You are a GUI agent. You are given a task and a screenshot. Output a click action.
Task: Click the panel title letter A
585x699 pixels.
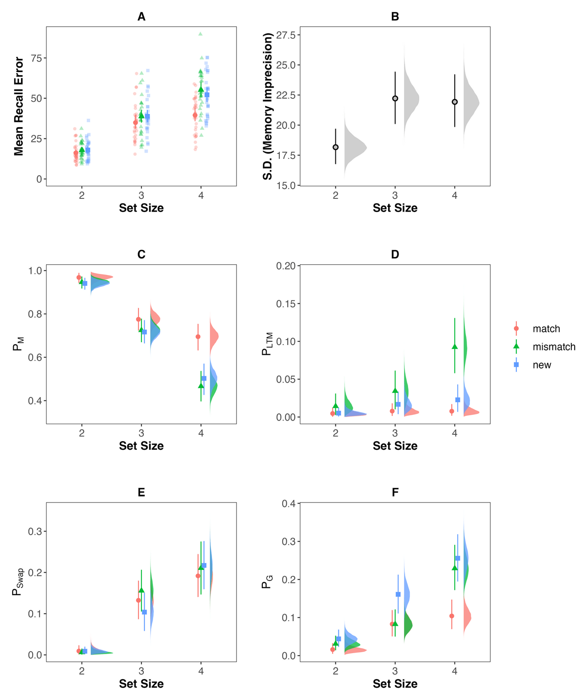coord(141,17)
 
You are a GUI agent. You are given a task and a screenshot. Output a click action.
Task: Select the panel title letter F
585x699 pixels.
coord(395,492)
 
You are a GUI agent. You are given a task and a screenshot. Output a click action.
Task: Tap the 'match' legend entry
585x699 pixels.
coord(546,329)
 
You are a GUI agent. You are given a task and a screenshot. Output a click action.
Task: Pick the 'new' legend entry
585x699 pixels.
coord(542,365)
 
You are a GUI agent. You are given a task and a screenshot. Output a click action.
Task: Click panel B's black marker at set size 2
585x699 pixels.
coord(335,147)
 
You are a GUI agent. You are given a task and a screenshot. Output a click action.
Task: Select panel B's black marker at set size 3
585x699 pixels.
coord(395,98)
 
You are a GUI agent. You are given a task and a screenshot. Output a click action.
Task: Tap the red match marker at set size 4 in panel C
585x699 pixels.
coord(198,337)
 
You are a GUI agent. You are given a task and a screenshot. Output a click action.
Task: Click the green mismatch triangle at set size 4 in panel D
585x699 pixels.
coord(455,347)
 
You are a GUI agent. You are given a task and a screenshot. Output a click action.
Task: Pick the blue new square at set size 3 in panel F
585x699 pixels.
coord(398,594)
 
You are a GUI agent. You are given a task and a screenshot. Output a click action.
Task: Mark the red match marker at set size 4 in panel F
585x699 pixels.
coord(452,616)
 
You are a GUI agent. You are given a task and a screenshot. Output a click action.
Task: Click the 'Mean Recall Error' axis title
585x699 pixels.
coord(19,106)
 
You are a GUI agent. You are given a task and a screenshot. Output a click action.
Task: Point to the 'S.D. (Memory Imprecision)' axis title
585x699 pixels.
coord(268,106)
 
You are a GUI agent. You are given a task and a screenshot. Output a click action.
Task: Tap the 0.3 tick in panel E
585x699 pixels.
coord(35,531)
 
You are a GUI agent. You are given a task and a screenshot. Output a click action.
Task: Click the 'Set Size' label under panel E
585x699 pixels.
coord(141,683)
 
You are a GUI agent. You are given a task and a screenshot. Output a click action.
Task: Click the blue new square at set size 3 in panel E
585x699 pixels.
coord(144,612)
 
